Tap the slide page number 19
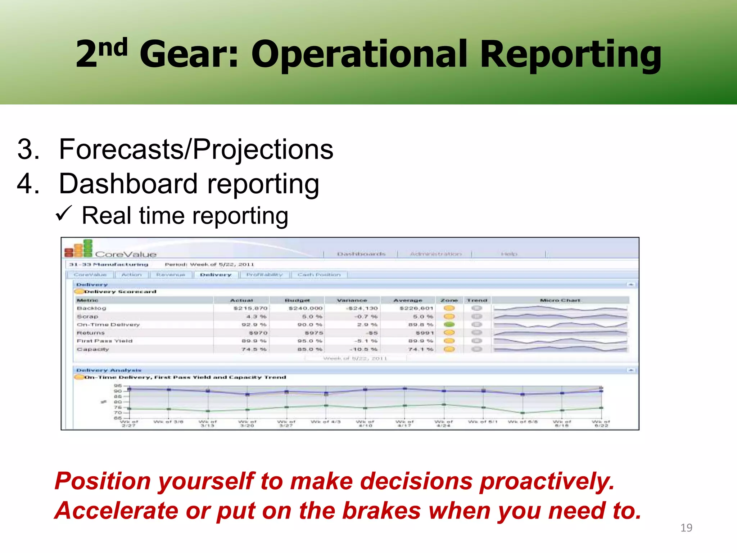[x=686, y=528]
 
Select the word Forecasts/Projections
[x=196, y=149]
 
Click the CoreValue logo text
[x=126, y=254]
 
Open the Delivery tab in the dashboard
[x=216, y=275]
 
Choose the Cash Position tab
[x=319, y=275]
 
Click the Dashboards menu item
[x=361, y=254]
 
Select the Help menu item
[x=509, y=254]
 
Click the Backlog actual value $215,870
[x=250, y=308]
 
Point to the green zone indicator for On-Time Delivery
[x=449, y=324]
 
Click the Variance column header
[x=352, y=300]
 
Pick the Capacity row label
[x=93, y=349]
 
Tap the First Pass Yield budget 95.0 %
[x=309, y=341]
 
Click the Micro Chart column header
[x=560, y=300]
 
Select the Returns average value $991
[x=425, y=333]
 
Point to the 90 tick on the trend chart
[x=118, y=391]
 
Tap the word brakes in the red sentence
[x=381, y=511]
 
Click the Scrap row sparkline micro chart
[x=560, y=316]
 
